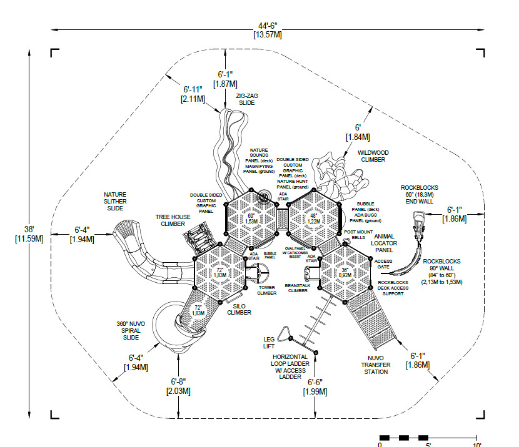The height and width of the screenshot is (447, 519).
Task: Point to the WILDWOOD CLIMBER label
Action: pyautogui.click(x=373, y=155)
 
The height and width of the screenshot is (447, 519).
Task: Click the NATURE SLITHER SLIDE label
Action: pyautogui.click(x=115, y=201)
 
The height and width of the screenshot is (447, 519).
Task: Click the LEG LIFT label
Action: pyautogui.click(x=269, y=342)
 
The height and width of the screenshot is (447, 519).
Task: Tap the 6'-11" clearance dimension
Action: pyautogui.click(x=192, y=94)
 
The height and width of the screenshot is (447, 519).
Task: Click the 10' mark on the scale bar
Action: pyautogui.click(x=477, y=445)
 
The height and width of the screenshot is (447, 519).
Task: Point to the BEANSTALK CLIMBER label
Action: pyautogui.click(x=296, y=288)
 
